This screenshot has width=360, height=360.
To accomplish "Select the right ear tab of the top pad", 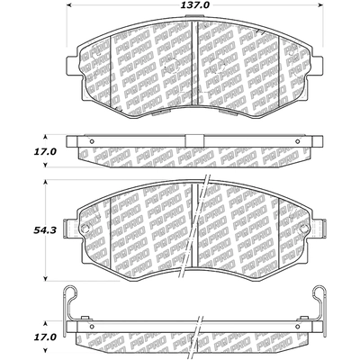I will pos(321,64).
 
